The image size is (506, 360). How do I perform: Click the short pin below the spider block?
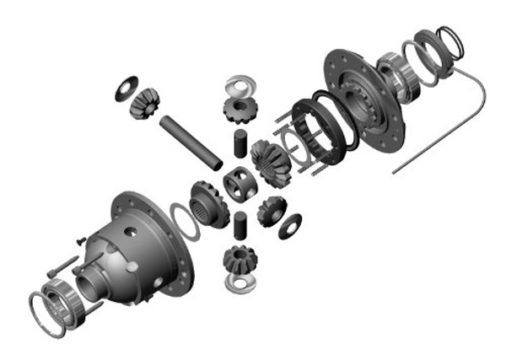(x=240, y=225)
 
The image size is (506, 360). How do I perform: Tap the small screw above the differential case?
(x=78, y=240)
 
